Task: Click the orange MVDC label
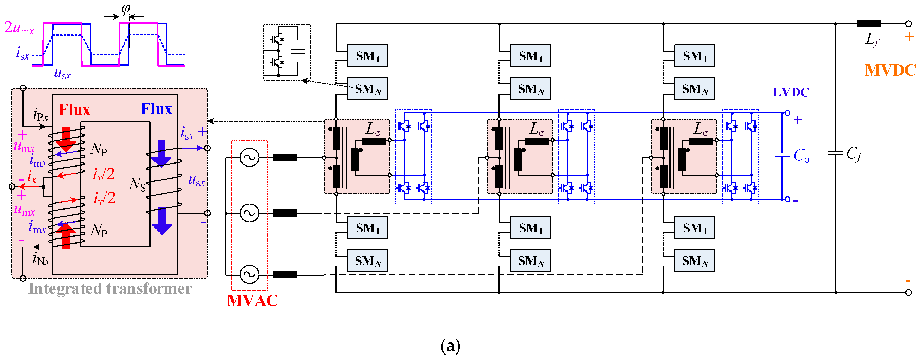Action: point(890,70)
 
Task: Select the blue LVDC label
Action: point(791,92)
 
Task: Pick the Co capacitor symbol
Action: point(782,155)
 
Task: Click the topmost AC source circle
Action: point(249,158)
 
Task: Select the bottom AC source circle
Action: point(249,274)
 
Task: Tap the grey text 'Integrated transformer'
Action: point(110,289)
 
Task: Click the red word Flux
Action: point(74,110)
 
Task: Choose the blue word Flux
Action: point(157,109)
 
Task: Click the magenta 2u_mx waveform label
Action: point(19,28)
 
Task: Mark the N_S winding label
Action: point(137,184)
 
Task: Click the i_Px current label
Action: point(40,115)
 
